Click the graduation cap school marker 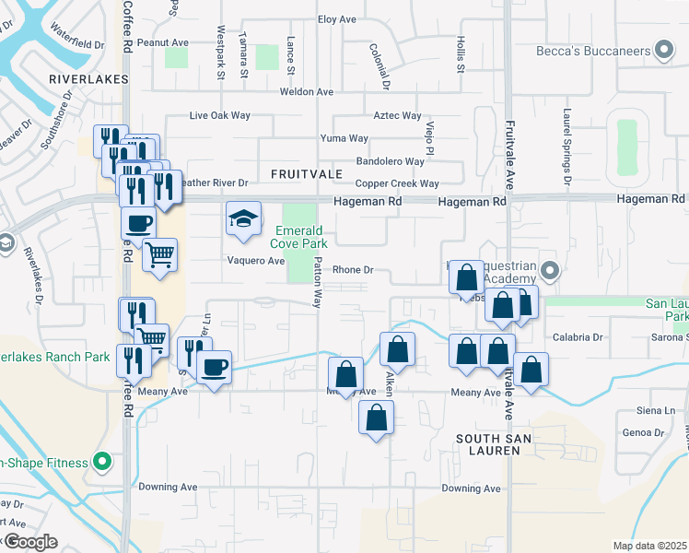pos(244,219)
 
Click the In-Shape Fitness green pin pos(102,463)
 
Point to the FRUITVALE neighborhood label pos(307,173)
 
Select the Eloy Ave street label pos(336,19)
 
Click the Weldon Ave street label pos(307,92)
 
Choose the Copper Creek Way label pos(397,184)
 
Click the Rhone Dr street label pos(352,270)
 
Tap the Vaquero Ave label pos(256,261)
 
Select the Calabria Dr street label pos(578,337)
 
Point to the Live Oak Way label pos(219,116)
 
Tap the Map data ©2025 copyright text pos(650,546)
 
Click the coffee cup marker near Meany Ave pos(215,368)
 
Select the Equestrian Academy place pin pos(550,271)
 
